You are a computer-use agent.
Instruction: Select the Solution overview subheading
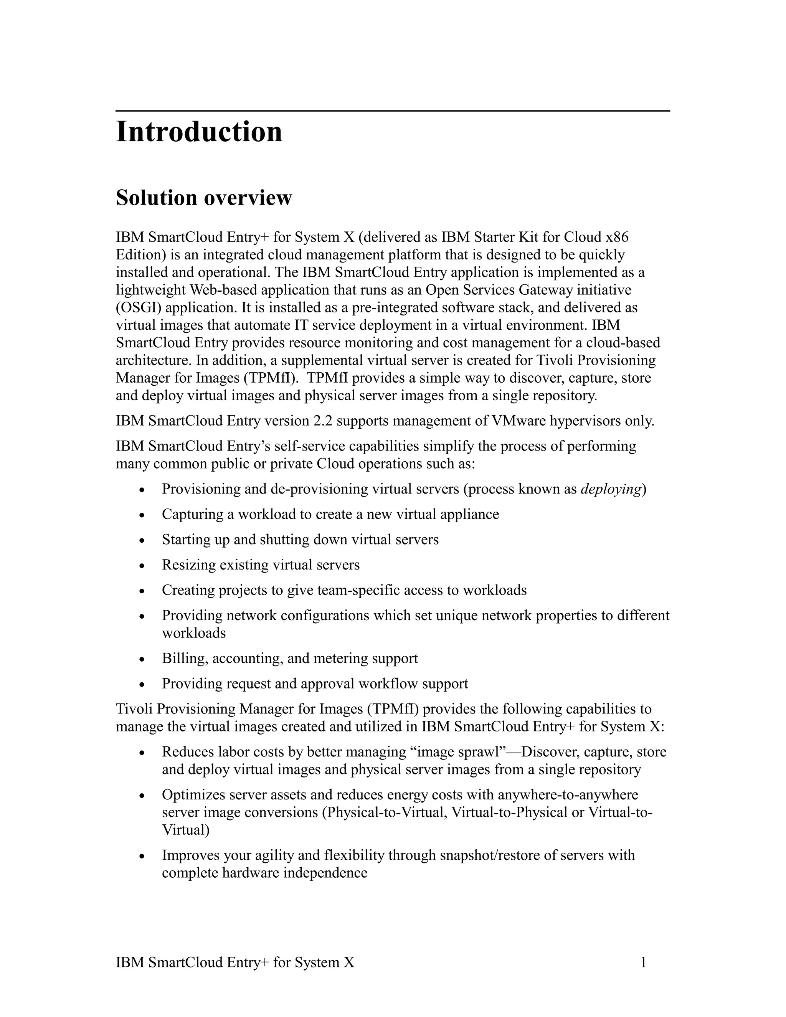(203, 198)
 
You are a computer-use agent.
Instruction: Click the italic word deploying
(611, 489)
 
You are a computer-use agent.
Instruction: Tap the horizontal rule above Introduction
(393, 111)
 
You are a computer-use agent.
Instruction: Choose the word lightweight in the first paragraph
(151, 290)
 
